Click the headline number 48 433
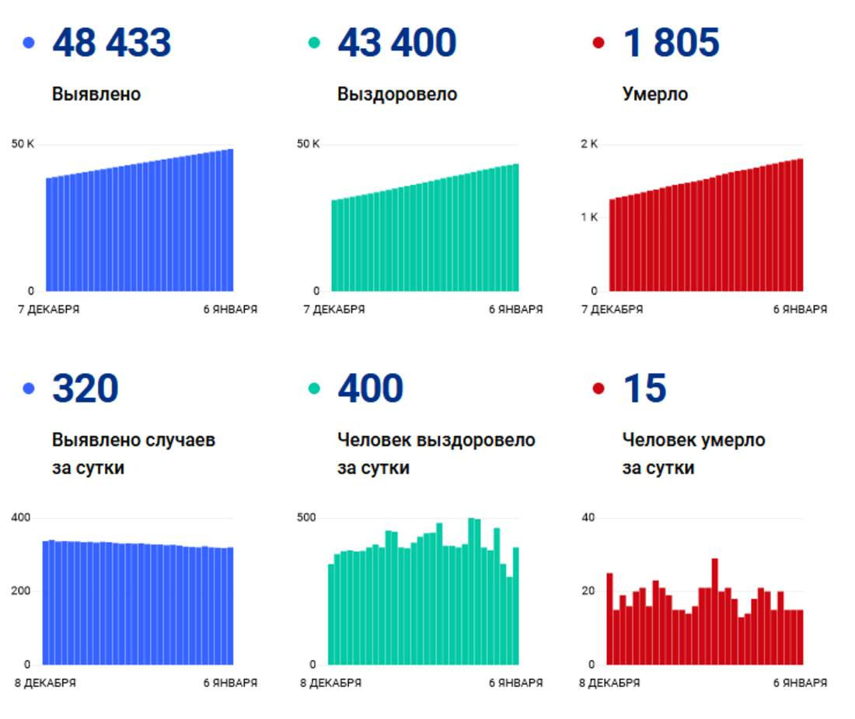tap(111, 43)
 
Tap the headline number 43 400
tap(396, 43)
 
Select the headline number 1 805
tap(671, 43)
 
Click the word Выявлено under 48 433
tap(96, 94)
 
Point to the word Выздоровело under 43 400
tap(397, 94)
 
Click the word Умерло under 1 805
tap(655, 94)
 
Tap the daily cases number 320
tap(85, 389)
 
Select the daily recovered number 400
tap(370, 389)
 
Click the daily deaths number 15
tap(644, 389)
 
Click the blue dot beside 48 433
tap(29, 43)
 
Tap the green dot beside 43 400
tap(314, 43)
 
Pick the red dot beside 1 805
tap(598, 43)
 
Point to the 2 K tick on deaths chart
tap(589, 144)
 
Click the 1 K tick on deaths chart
tap(589, 217)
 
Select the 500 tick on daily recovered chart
tap(307, 518)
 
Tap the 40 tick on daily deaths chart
tap(588, 518)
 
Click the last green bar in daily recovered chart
tap(515, 606)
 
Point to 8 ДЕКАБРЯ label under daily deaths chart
tap(609, 683)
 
